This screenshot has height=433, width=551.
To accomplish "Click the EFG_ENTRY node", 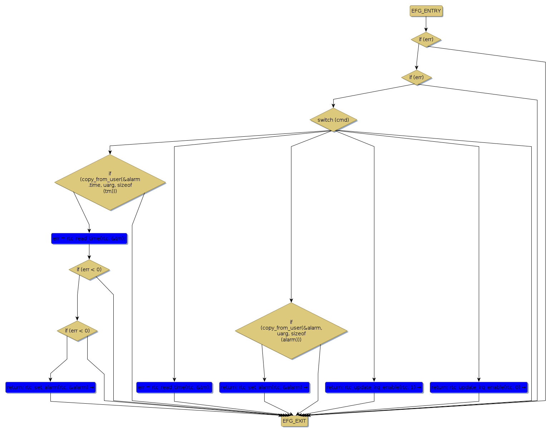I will click(x=426, y=11).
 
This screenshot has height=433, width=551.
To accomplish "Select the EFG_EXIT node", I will click(x=294, y=421).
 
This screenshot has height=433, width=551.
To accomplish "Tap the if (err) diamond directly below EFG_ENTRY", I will click(x=426, y=39).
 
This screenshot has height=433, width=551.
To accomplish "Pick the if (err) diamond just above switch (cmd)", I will click(x=416, y=77).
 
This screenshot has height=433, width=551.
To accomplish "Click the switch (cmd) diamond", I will click(x=333, y=120).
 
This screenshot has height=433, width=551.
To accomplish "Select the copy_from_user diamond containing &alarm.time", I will click(x=110, y=182).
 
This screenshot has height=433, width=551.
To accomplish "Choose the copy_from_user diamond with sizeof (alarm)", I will click(x=291, y=331).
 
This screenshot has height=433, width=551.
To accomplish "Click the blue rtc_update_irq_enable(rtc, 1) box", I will click(x=374, y=387).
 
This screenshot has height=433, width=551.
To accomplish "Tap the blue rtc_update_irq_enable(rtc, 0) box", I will click(x=479, y=387).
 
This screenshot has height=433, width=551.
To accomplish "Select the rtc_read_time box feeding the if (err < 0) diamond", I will click(x=89, y=238).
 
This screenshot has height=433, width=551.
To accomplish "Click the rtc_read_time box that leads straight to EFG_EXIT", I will click(x=174, y=387).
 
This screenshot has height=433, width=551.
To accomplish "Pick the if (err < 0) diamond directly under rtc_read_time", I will click(x=89, y=269).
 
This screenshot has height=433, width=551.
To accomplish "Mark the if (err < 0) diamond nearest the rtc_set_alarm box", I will click(x=77, y=331).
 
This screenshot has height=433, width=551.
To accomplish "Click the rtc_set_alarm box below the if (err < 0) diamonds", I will click(x=50, y=387).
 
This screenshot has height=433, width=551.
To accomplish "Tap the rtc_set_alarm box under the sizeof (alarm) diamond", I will click(x=264, y=387).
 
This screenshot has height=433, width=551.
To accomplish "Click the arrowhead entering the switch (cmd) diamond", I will click(x=333, y=106).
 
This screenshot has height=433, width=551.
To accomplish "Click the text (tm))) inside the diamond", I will click(x=110, y=191).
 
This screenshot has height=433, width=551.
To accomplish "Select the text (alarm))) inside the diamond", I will click(x=291, y=340).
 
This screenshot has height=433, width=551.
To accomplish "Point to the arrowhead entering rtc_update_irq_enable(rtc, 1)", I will click(x=374, y=380).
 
